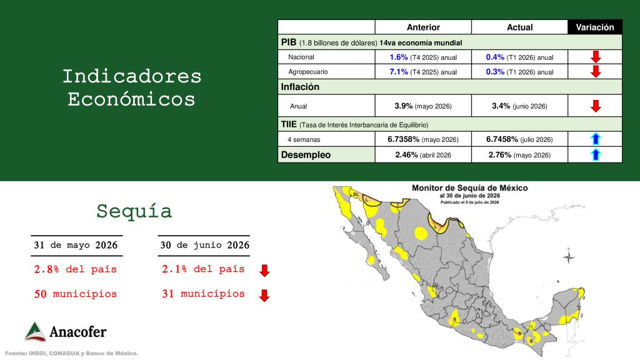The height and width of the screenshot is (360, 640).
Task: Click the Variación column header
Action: tap(595, 27)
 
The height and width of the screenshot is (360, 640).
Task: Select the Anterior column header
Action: tap(423, 27)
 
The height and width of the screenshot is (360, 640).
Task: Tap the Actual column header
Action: tap(519, 27)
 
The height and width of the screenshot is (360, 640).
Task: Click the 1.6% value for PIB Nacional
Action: tap(398, 57)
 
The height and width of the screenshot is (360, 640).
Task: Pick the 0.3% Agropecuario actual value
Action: tap(495, 72)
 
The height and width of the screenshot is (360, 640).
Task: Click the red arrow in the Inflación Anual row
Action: tap(596, 106)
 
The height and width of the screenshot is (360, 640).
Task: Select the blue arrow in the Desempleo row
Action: tap(596, 155)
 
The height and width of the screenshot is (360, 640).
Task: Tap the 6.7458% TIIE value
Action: tap(502, 139)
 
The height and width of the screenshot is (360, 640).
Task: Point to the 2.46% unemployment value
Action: tap(406, 155)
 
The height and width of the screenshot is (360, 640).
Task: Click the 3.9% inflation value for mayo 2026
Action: tap(403, 106)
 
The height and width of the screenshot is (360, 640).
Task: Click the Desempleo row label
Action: tap(306, 155)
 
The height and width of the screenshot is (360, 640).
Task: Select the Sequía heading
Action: tap(134, 211)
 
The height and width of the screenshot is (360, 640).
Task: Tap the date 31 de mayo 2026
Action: tap(76, 245)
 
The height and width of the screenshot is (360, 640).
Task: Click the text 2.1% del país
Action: tap(203, 269)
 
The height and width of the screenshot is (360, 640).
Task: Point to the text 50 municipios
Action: tap(76, 294)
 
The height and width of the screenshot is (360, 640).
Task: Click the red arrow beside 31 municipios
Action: tap(264, 295)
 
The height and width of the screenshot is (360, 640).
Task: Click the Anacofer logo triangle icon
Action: tap(35, 331)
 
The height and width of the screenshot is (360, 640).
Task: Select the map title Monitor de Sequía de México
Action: tap(470, 188)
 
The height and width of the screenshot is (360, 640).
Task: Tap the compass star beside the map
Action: tap(569, 257)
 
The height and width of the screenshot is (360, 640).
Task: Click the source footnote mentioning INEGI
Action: tap(71, 354)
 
